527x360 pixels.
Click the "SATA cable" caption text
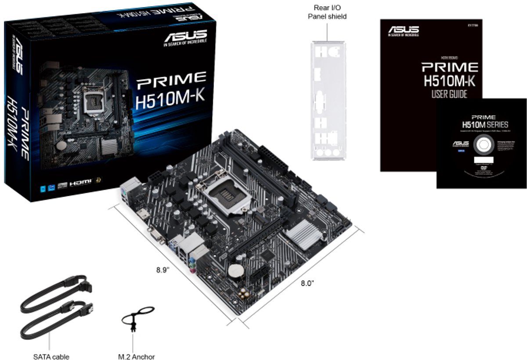51,356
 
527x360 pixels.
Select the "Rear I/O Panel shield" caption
330,12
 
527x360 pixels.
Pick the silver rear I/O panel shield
327,101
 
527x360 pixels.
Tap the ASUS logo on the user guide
403,31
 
